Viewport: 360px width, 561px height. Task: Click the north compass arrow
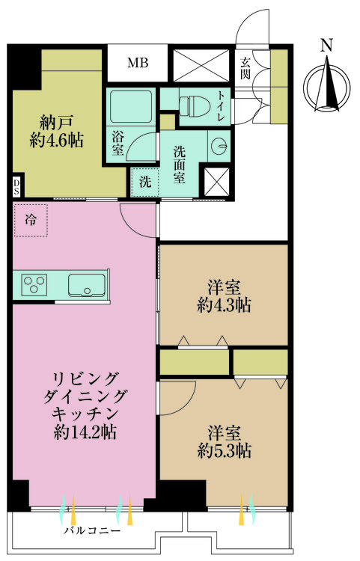click(326, 88)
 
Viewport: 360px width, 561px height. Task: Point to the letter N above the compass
click(326, 46)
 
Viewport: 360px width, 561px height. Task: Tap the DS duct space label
click(16, 185)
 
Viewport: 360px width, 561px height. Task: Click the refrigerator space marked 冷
click(31, 220)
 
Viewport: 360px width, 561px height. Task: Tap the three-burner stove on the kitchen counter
click(35, 284)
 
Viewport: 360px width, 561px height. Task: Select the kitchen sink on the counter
click(86, 284)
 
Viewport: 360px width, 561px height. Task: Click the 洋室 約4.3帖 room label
click(224, 295)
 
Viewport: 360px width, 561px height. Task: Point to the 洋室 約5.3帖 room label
click(224, 442)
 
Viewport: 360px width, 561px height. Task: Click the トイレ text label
click(221, 102)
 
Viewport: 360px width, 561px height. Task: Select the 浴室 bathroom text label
click(118, 144)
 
